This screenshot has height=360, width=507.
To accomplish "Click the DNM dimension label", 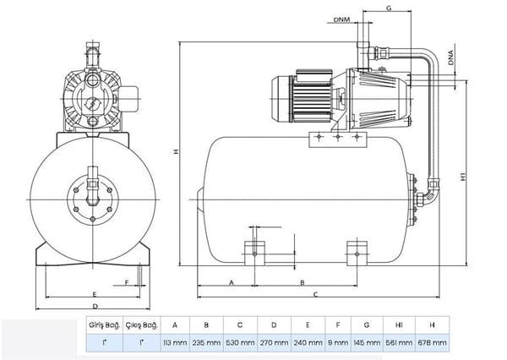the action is coord(341,19).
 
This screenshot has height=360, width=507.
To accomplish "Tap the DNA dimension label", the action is coord(451,58).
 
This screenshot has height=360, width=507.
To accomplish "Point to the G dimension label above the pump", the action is coord(389,8).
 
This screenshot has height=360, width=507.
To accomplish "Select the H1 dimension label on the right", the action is coord(463,177).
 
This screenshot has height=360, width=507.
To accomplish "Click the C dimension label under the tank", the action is coord(315,294).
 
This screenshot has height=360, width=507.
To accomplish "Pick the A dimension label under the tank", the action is coord(232,283).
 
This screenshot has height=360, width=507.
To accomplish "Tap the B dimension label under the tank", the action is coord(303,283).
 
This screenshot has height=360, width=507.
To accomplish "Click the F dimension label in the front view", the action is coord(127,283).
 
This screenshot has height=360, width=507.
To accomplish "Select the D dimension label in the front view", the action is coord(95,306).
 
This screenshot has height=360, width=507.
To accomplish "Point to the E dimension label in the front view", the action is coord(95,294).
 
